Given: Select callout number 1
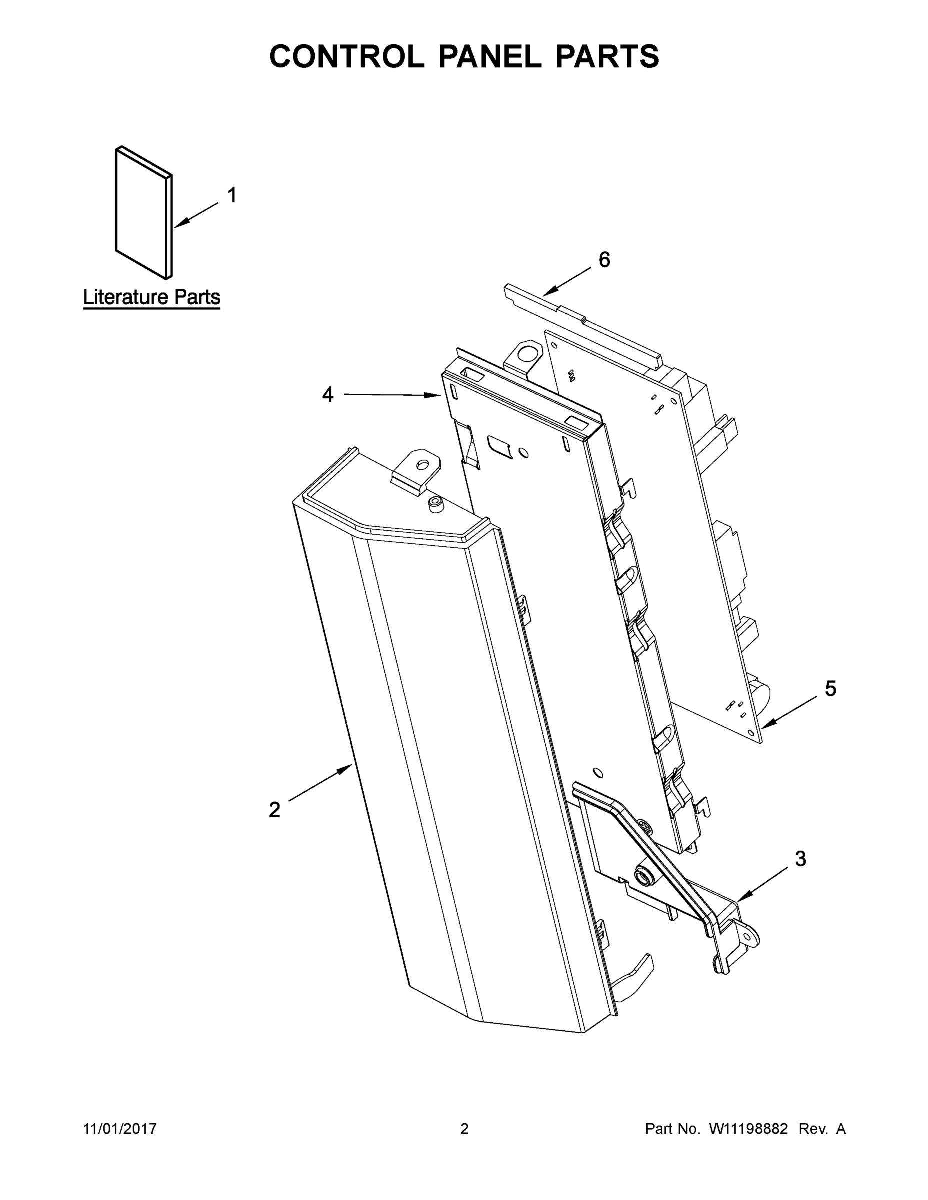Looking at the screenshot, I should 232,195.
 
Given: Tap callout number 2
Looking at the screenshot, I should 274,810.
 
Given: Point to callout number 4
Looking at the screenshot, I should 328,394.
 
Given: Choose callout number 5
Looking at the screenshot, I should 830,689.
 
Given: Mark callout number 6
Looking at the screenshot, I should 604,260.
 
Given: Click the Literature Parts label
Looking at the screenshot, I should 151,297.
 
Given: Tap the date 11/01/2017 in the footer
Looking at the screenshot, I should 120,1128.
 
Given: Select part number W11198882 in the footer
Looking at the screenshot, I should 748,1128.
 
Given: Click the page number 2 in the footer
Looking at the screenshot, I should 464,1128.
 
